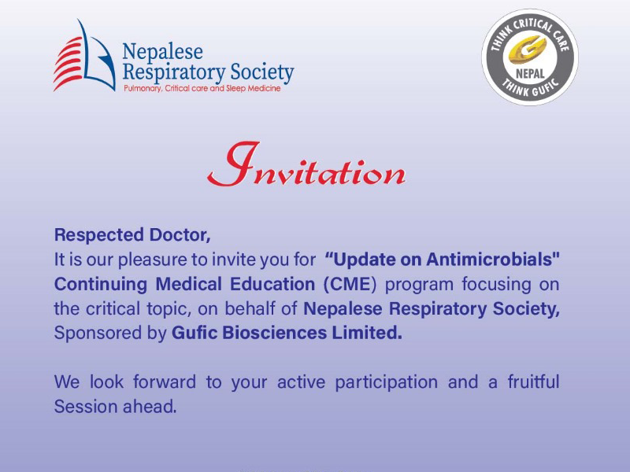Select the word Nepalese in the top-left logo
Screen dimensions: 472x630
tap(162, 53)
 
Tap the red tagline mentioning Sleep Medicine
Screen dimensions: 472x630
tap(202, 89)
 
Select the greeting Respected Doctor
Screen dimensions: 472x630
tap(132, 234)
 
